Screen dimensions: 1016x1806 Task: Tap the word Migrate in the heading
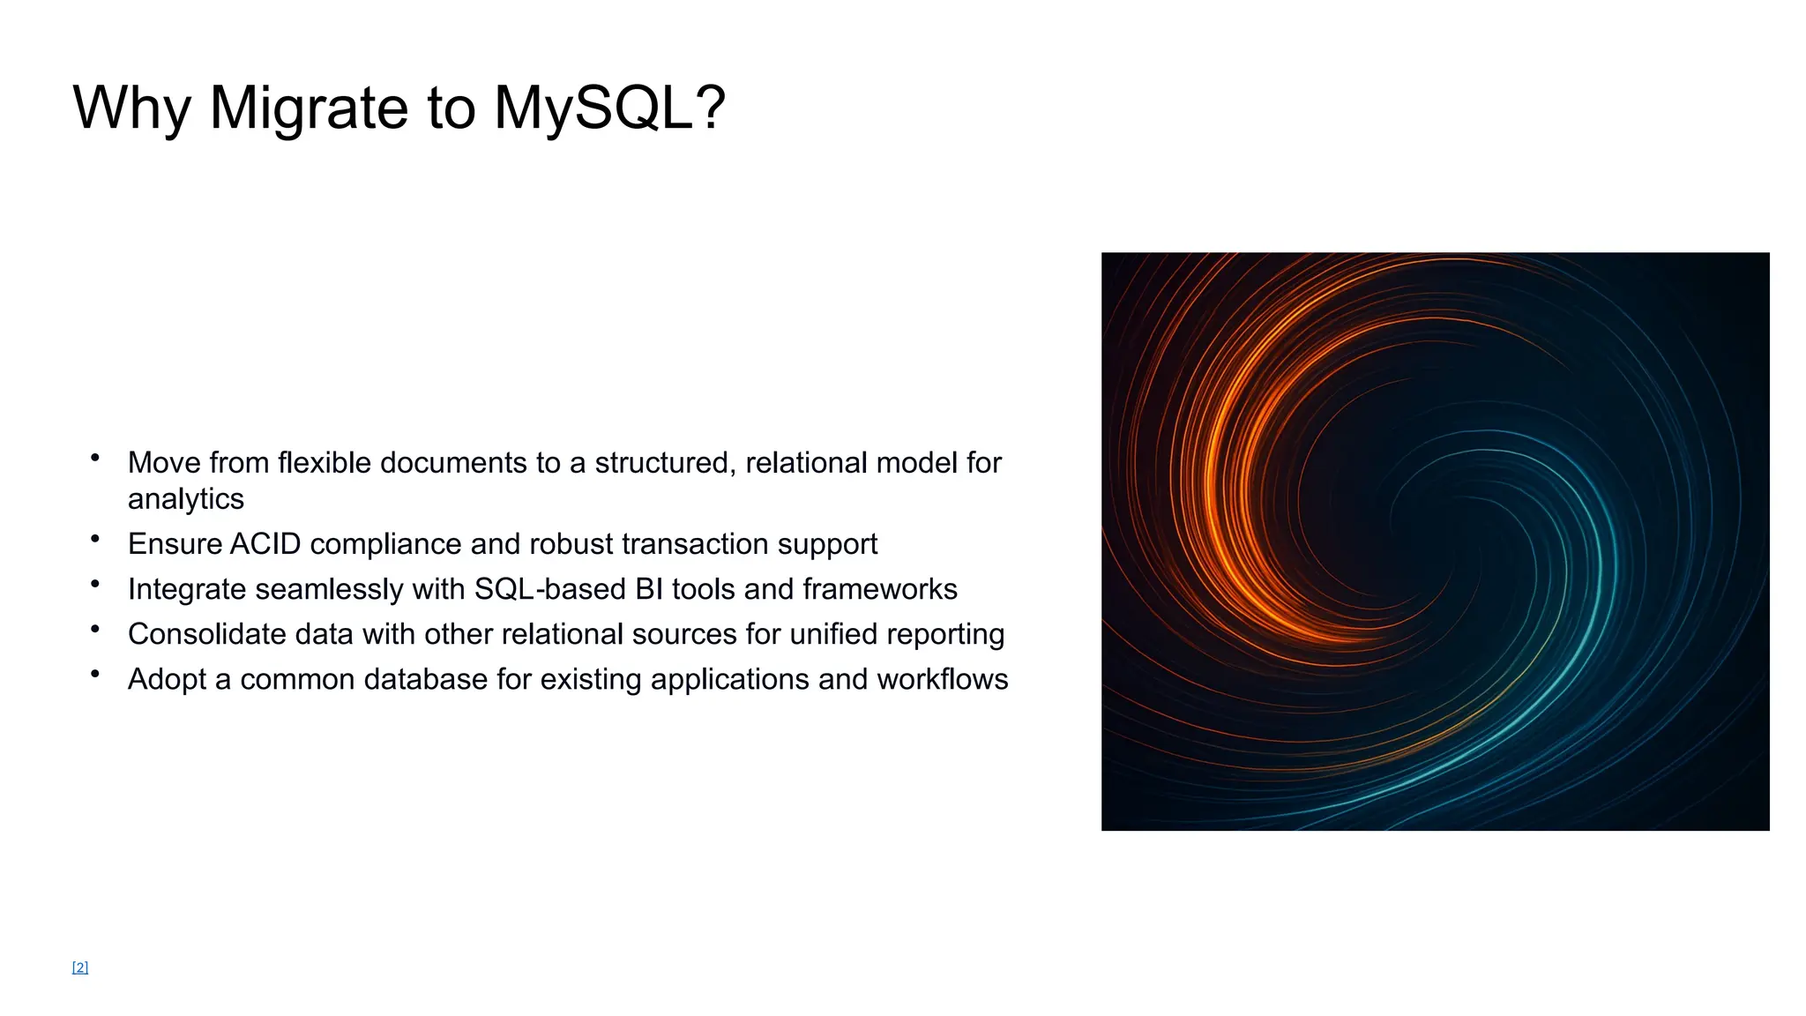point(310,108)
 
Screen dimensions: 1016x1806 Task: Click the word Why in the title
point(131,108)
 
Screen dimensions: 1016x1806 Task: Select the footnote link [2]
point(80,967)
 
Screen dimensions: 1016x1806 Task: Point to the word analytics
point(186,499)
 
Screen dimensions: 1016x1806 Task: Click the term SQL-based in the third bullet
point(550,589)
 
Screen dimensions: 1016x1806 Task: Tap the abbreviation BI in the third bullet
point(649,589)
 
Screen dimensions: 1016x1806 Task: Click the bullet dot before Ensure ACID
point(95,538)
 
